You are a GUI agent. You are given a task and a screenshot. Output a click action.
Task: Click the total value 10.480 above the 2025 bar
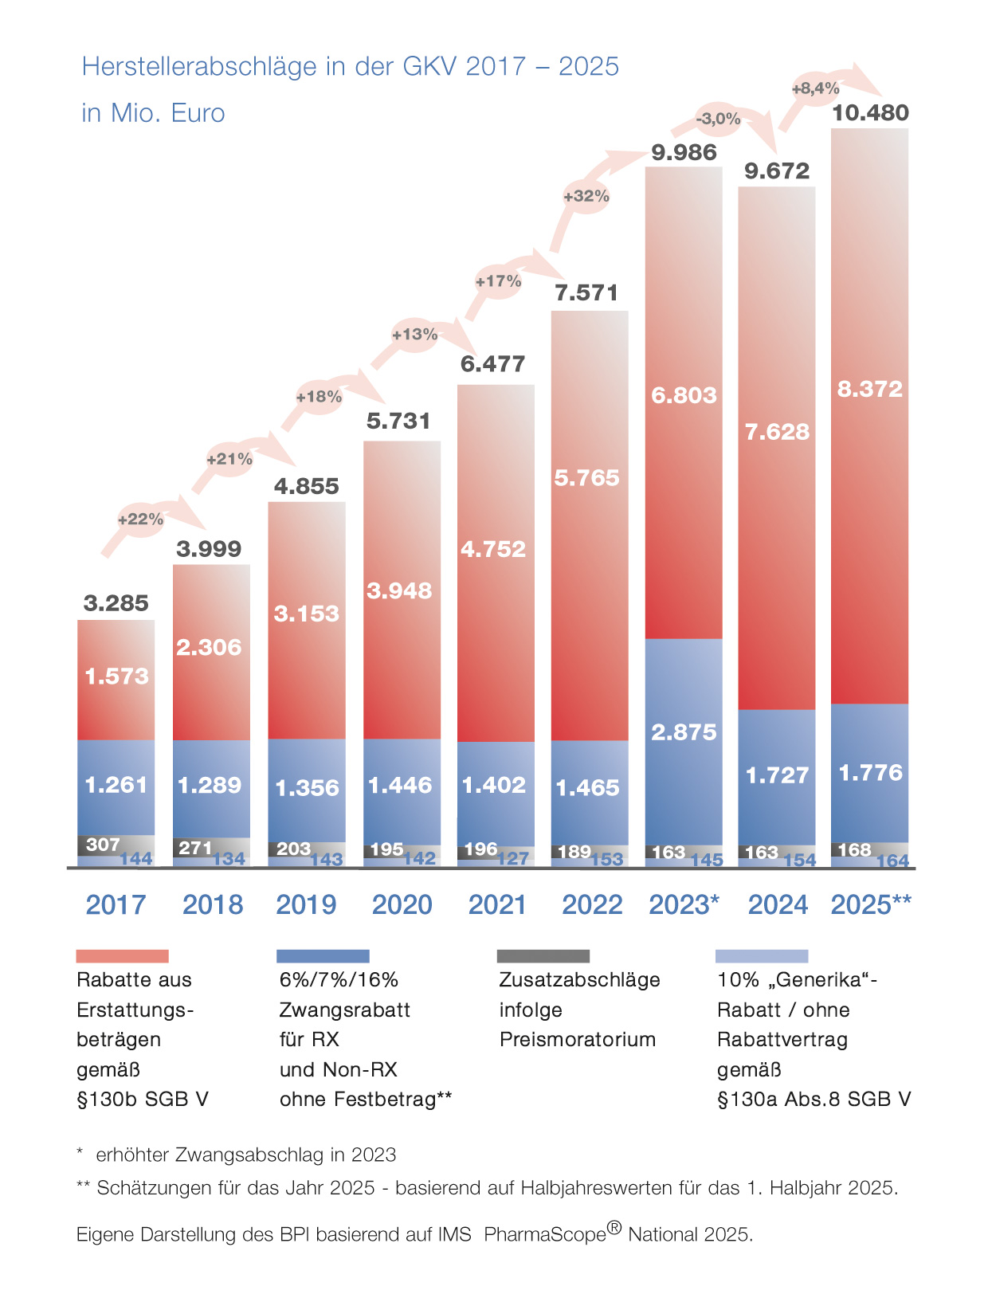(869, 113)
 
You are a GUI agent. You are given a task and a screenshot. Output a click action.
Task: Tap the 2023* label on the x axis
(684, 905)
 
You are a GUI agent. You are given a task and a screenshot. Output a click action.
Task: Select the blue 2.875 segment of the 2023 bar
(684, 732)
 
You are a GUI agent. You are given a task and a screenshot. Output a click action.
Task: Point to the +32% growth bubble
(586, 196)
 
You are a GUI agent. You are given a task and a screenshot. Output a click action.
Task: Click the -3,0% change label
(718, 120)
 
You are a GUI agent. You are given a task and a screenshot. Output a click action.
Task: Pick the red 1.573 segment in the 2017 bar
(116, 676)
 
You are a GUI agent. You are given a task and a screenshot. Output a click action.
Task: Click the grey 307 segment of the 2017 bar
(104, 845)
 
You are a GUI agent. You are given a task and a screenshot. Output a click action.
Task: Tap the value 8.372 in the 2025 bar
(869, 390)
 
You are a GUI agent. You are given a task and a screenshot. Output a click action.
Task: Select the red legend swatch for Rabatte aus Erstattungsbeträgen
(122, 956)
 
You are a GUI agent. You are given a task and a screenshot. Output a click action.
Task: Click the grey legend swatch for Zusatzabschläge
(543, 956)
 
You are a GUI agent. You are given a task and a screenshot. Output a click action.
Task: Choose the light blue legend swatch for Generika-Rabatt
(762, 956)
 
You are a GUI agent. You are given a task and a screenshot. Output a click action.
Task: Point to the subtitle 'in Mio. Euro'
(153, 113)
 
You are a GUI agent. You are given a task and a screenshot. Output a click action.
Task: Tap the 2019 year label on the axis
(306, 905)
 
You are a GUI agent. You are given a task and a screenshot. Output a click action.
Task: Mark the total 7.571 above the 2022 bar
(586, 293)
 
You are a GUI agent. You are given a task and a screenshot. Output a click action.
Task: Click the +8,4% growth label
(815, 88)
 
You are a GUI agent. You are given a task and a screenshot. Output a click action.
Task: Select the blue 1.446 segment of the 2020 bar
(400, 786)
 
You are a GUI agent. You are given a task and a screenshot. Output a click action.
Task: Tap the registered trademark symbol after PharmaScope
(614, 1228)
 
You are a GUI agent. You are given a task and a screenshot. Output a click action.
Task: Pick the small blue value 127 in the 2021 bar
(513, 859)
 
